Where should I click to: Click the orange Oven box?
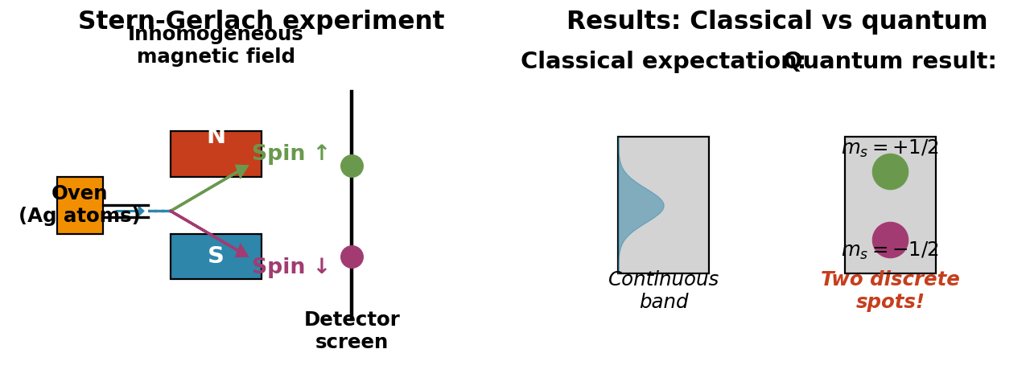[x=80, y=205]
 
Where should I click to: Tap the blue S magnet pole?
[x=193, y=257]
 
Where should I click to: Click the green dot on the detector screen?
[x=352, y=166]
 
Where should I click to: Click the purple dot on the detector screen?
[x=352, y=257]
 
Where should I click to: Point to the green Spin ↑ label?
[x=290, y=154]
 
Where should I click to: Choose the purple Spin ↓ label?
[x=290, y=267]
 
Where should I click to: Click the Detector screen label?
[x=352, y=331]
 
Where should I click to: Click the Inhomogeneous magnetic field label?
[x=216, y=46]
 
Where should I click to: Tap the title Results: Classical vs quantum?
[x=777, y=21]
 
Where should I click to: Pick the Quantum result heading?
[x=890, y=62]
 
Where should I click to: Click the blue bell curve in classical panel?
[x=636, y=206]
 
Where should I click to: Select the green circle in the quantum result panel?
[x=890, y=172]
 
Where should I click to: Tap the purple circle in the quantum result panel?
[x=890, y=239]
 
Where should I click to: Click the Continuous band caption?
[x=663, y=290]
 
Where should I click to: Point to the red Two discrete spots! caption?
[x=890, y=290]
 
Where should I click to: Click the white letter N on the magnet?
[x=216, y=138]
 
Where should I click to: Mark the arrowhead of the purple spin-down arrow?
[x=242, y=251]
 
